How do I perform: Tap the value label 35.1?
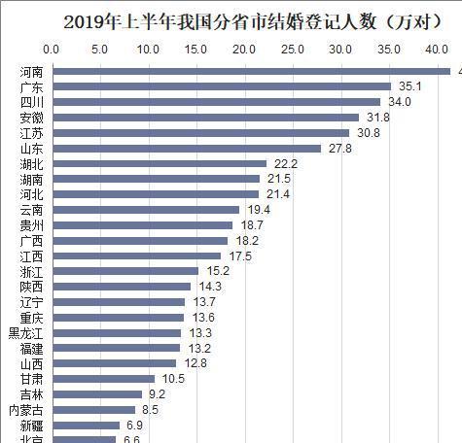click(x=407, y=86)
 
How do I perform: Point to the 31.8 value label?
click(x=375, y=118)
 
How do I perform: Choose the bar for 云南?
click(x=145, y=209)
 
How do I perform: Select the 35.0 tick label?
click(x=387, y=49)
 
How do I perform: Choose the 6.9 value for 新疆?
click(x=133, y=425)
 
